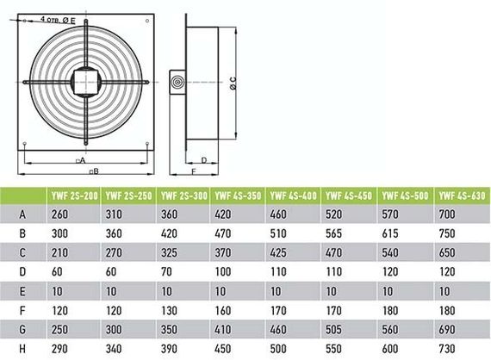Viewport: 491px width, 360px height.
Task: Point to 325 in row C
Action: coord(171,252)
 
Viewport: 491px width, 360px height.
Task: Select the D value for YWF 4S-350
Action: coord(226,271)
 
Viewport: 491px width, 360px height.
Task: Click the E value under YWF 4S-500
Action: coord(395,290)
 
